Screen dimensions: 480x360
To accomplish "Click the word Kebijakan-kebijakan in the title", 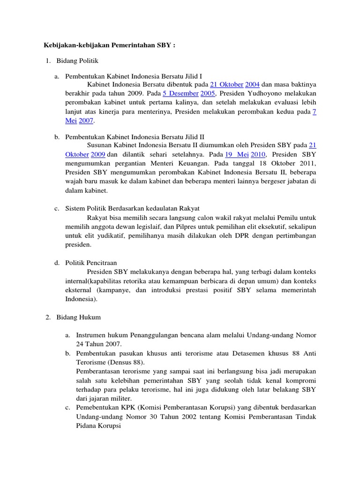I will (x=68, y=45).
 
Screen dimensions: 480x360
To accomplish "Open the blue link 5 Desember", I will (x=180, y=93).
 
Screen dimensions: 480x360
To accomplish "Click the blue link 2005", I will (x=208, y=93).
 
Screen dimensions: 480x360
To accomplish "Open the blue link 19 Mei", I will (x=237, y=154).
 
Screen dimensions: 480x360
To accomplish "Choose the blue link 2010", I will (x=258, y=154).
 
